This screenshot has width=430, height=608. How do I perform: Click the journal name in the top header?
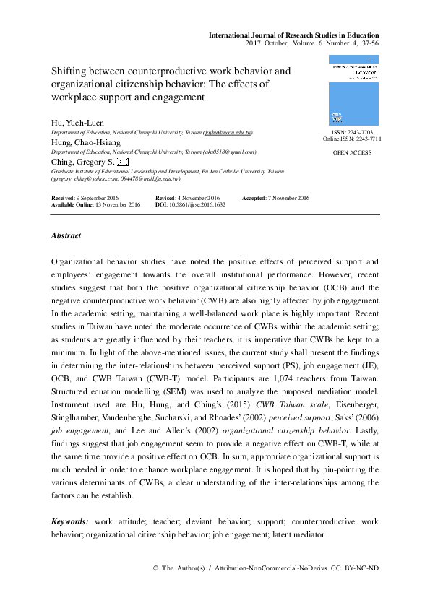click(x=293, y=35)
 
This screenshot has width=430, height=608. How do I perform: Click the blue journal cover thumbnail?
click(x=353, y=90)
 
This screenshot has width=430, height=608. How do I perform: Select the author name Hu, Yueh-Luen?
click(x=77, y=123)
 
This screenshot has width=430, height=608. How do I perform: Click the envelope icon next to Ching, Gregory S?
click(x=122, y=162)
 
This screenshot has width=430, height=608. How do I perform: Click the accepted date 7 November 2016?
click(x=288, y=198)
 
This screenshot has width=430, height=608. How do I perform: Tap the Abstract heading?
click(x=66, y=235)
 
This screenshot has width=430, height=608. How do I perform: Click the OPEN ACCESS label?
click(x=352, y=153)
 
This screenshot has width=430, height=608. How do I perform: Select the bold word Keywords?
click(x=69, y=521)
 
